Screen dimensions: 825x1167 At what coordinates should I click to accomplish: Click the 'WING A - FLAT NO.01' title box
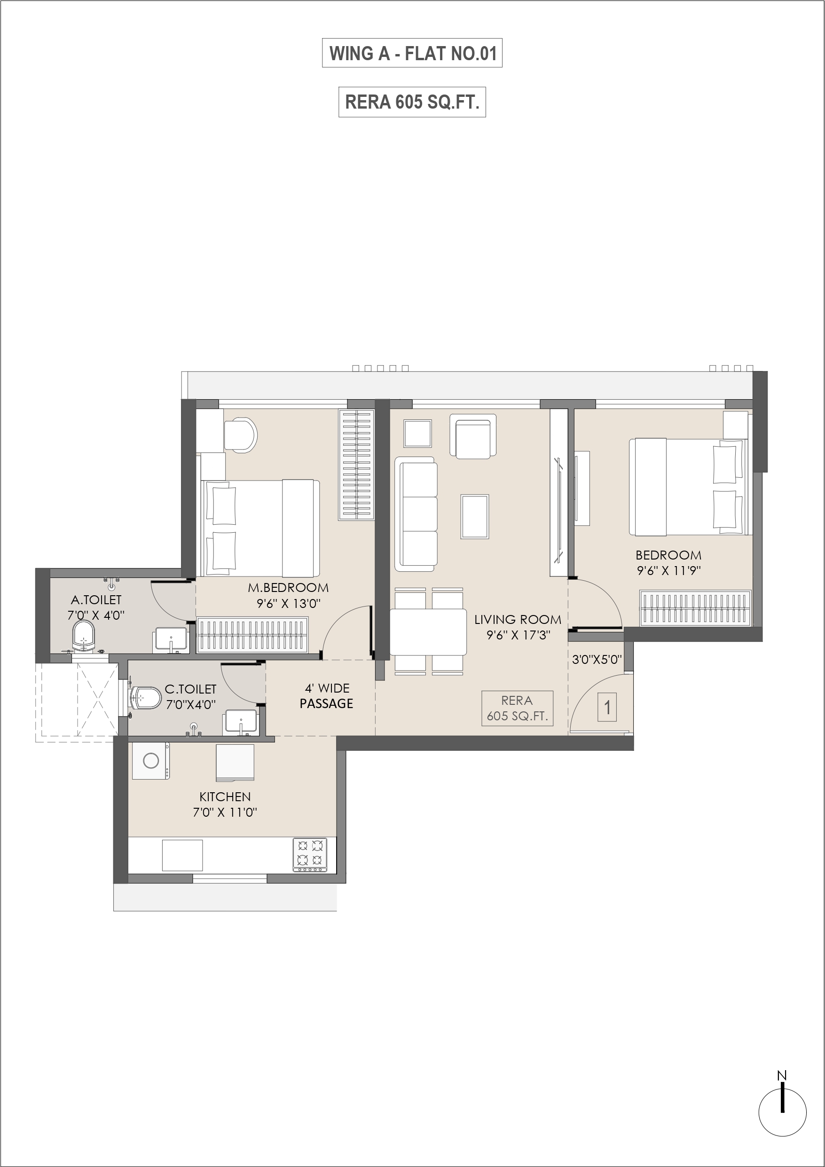[x=412, y=53]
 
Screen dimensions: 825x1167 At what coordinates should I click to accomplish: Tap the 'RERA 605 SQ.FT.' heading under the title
[x=412, y=102]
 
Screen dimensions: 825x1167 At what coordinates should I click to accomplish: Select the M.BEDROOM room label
[x=288, y=588]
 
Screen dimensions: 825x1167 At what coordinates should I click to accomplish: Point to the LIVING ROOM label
[x=518, y=620]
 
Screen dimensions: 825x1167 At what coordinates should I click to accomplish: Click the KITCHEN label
[x=225, y=796]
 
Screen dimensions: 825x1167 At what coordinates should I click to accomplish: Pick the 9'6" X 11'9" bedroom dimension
[x=669, y=571]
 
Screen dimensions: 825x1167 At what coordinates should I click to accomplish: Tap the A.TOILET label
[x=96, y=600]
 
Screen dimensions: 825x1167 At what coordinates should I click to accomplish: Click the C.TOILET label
[x=190, y=689]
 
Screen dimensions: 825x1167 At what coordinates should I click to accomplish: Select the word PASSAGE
[x=326, y=703]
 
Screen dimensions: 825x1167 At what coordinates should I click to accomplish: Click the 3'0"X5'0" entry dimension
[x=597, y=660]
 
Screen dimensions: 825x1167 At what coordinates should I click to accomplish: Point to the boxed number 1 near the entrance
[x=607, y=707]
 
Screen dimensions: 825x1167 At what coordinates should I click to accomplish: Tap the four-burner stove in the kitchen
[x=310, y=855]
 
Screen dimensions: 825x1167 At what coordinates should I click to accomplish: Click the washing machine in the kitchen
[x=150, y=760]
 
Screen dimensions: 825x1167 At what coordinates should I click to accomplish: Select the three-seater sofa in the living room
[x=416, y=511]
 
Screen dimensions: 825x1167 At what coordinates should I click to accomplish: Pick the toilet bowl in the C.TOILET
[x=145, y=698]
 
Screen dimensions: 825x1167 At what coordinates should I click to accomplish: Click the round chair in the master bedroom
[x=240, y=434]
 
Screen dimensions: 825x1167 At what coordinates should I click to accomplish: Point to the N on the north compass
[x=782, y=1075]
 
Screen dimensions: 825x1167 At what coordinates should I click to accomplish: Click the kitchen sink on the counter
[x=182, y=855]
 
